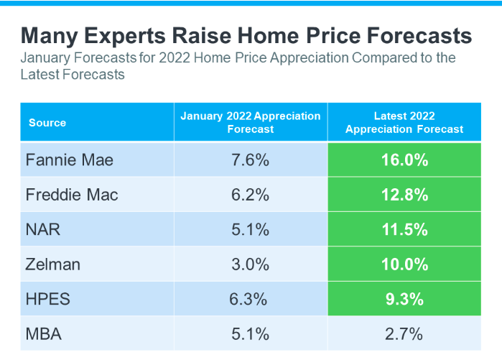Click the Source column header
pos(47,123)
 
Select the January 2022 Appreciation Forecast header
pos(251,122)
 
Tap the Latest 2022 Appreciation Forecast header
pos(404,122)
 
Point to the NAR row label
pos(43,229)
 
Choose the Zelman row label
pos(53,264)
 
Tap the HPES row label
pos(49,299)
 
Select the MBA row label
pos(44,333)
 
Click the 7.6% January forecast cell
pos(251,160)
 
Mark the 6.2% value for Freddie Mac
pos(251,195)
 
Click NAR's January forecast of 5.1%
pos(251,229)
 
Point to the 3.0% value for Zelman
pos(251,264)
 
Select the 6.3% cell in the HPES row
pos(251,299)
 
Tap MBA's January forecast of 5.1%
pos(251,333)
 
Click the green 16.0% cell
pos(404,160)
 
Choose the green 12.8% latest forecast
pos(404,195)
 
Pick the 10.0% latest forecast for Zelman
pos(404,264)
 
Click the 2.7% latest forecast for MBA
pos(404,333)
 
